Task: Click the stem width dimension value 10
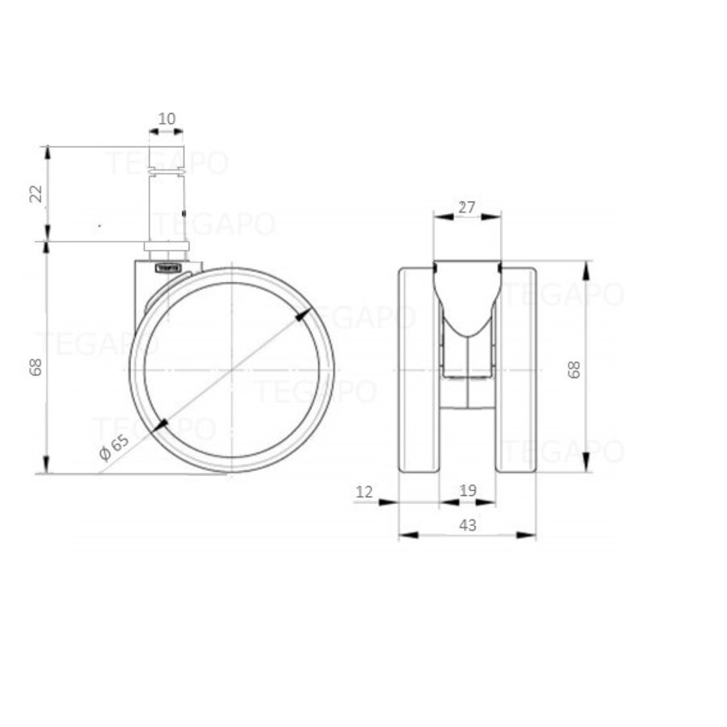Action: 166,119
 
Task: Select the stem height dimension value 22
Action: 35,195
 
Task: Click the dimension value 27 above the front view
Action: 466,207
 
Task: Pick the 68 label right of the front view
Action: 574,370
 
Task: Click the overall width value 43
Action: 467,525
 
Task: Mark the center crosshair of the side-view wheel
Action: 232,369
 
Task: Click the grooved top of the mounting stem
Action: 167,161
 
